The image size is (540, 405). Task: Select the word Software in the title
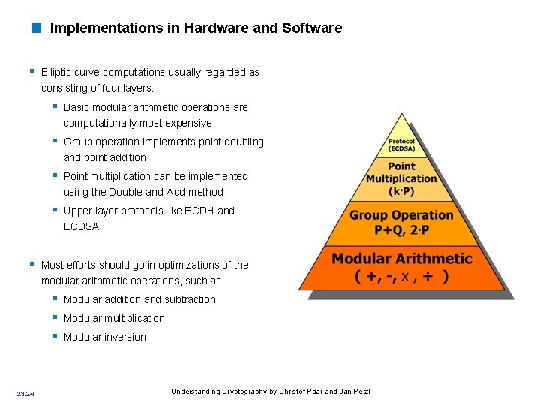312,28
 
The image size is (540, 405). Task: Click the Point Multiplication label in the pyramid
401,172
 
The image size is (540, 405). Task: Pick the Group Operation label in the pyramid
401,215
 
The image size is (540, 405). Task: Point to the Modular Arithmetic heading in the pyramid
402,259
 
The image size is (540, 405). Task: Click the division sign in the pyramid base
427,277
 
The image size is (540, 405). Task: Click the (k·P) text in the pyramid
401,190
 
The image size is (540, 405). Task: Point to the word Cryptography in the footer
244,391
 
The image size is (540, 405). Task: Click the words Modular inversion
105,337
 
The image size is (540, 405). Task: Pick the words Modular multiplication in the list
114,319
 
